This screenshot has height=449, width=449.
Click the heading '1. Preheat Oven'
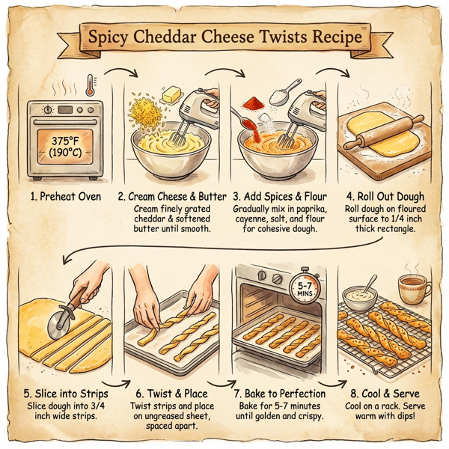[x=59, y=196]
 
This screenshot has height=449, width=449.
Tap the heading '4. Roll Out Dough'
[x=386, y=196]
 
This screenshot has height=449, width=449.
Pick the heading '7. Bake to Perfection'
[x=279, y=394]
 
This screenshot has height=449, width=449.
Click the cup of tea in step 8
[x=411, y=287]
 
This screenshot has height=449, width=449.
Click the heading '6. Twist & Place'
[x=171, y=394]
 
